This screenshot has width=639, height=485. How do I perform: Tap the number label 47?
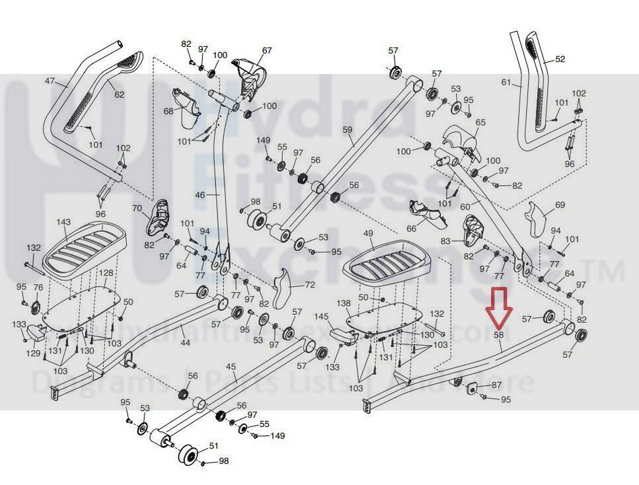tap(50, 82)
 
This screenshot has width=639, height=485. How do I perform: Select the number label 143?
tap(63, 222)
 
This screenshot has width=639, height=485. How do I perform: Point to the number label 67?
tap(267, 51)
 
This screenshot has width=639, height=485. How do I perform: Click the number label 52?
tap(560, 59)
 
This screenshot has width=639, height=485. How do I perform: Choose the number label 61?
tap(507, 83)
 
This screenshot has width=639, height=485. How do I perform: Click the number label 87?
tap(497, 385)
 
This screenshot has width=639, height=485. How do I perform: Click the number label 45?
tap(231, 367)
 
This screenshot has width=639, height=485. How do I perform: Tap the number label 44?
tap(185, 343)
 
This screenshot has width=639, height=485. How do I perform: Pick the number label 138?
tap(344, 303)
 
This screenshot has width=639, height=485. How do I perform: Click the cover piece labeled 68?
tap(188, 108)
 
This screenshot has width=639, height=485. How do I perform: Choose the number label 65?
tap(480, 122)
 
